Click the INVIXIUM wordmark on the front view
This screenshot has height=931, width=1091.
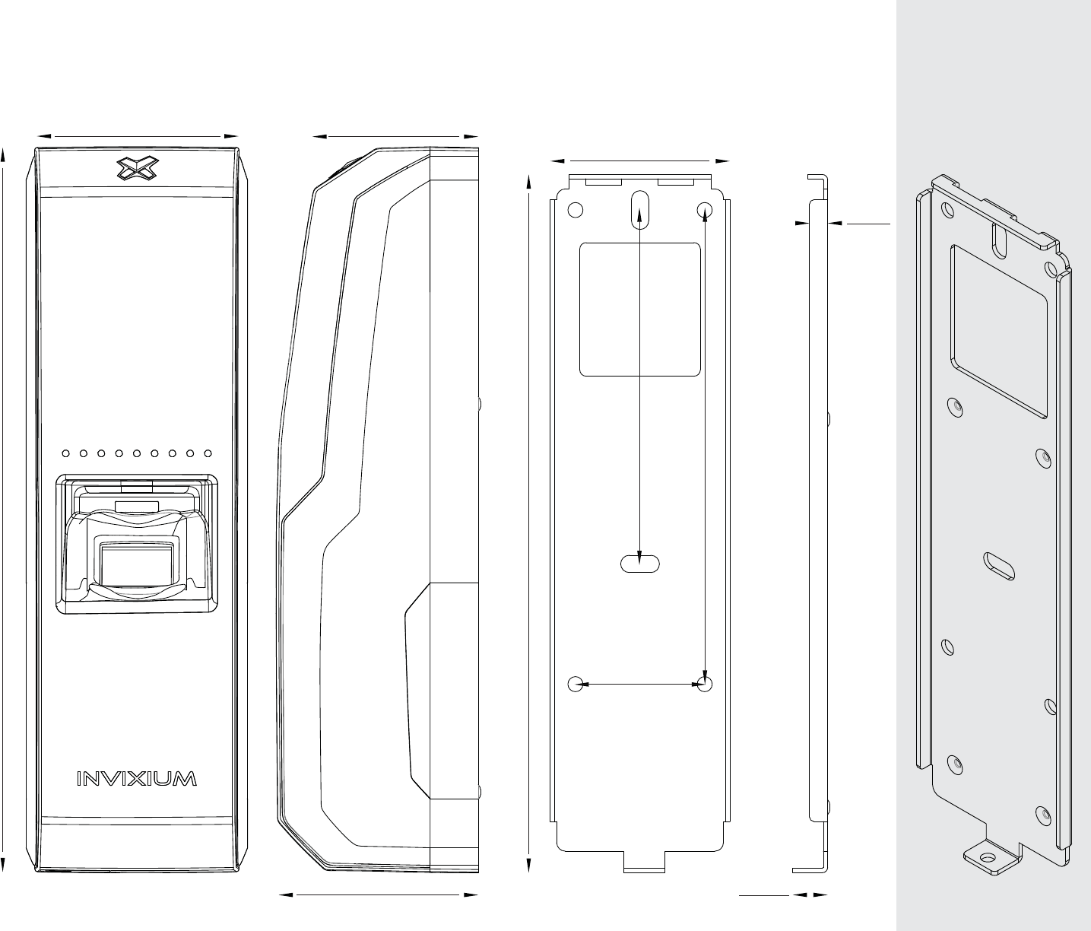138,779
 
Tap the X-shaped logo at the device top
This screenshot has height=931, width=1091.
138,169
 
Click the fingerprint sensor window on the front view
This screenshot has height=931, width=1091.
137,563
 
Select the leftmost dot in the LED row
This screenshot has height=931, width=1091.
65,454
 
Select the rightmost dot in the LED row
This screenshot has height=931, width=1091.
208,454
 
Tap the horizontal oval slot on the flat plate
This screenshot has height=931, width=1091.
640,564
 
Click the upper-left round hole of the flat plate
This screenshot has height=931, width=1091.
576,209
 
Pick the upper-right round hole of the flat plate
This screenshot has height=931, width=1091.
705,209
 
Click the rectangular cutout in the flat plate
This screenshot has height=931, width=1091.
640,309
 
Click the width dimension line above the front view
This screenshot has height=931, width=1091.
138,135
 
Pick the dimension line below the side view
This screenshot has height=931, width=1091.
378,895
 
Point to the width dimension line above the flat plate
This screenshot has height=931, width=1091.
640,160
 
